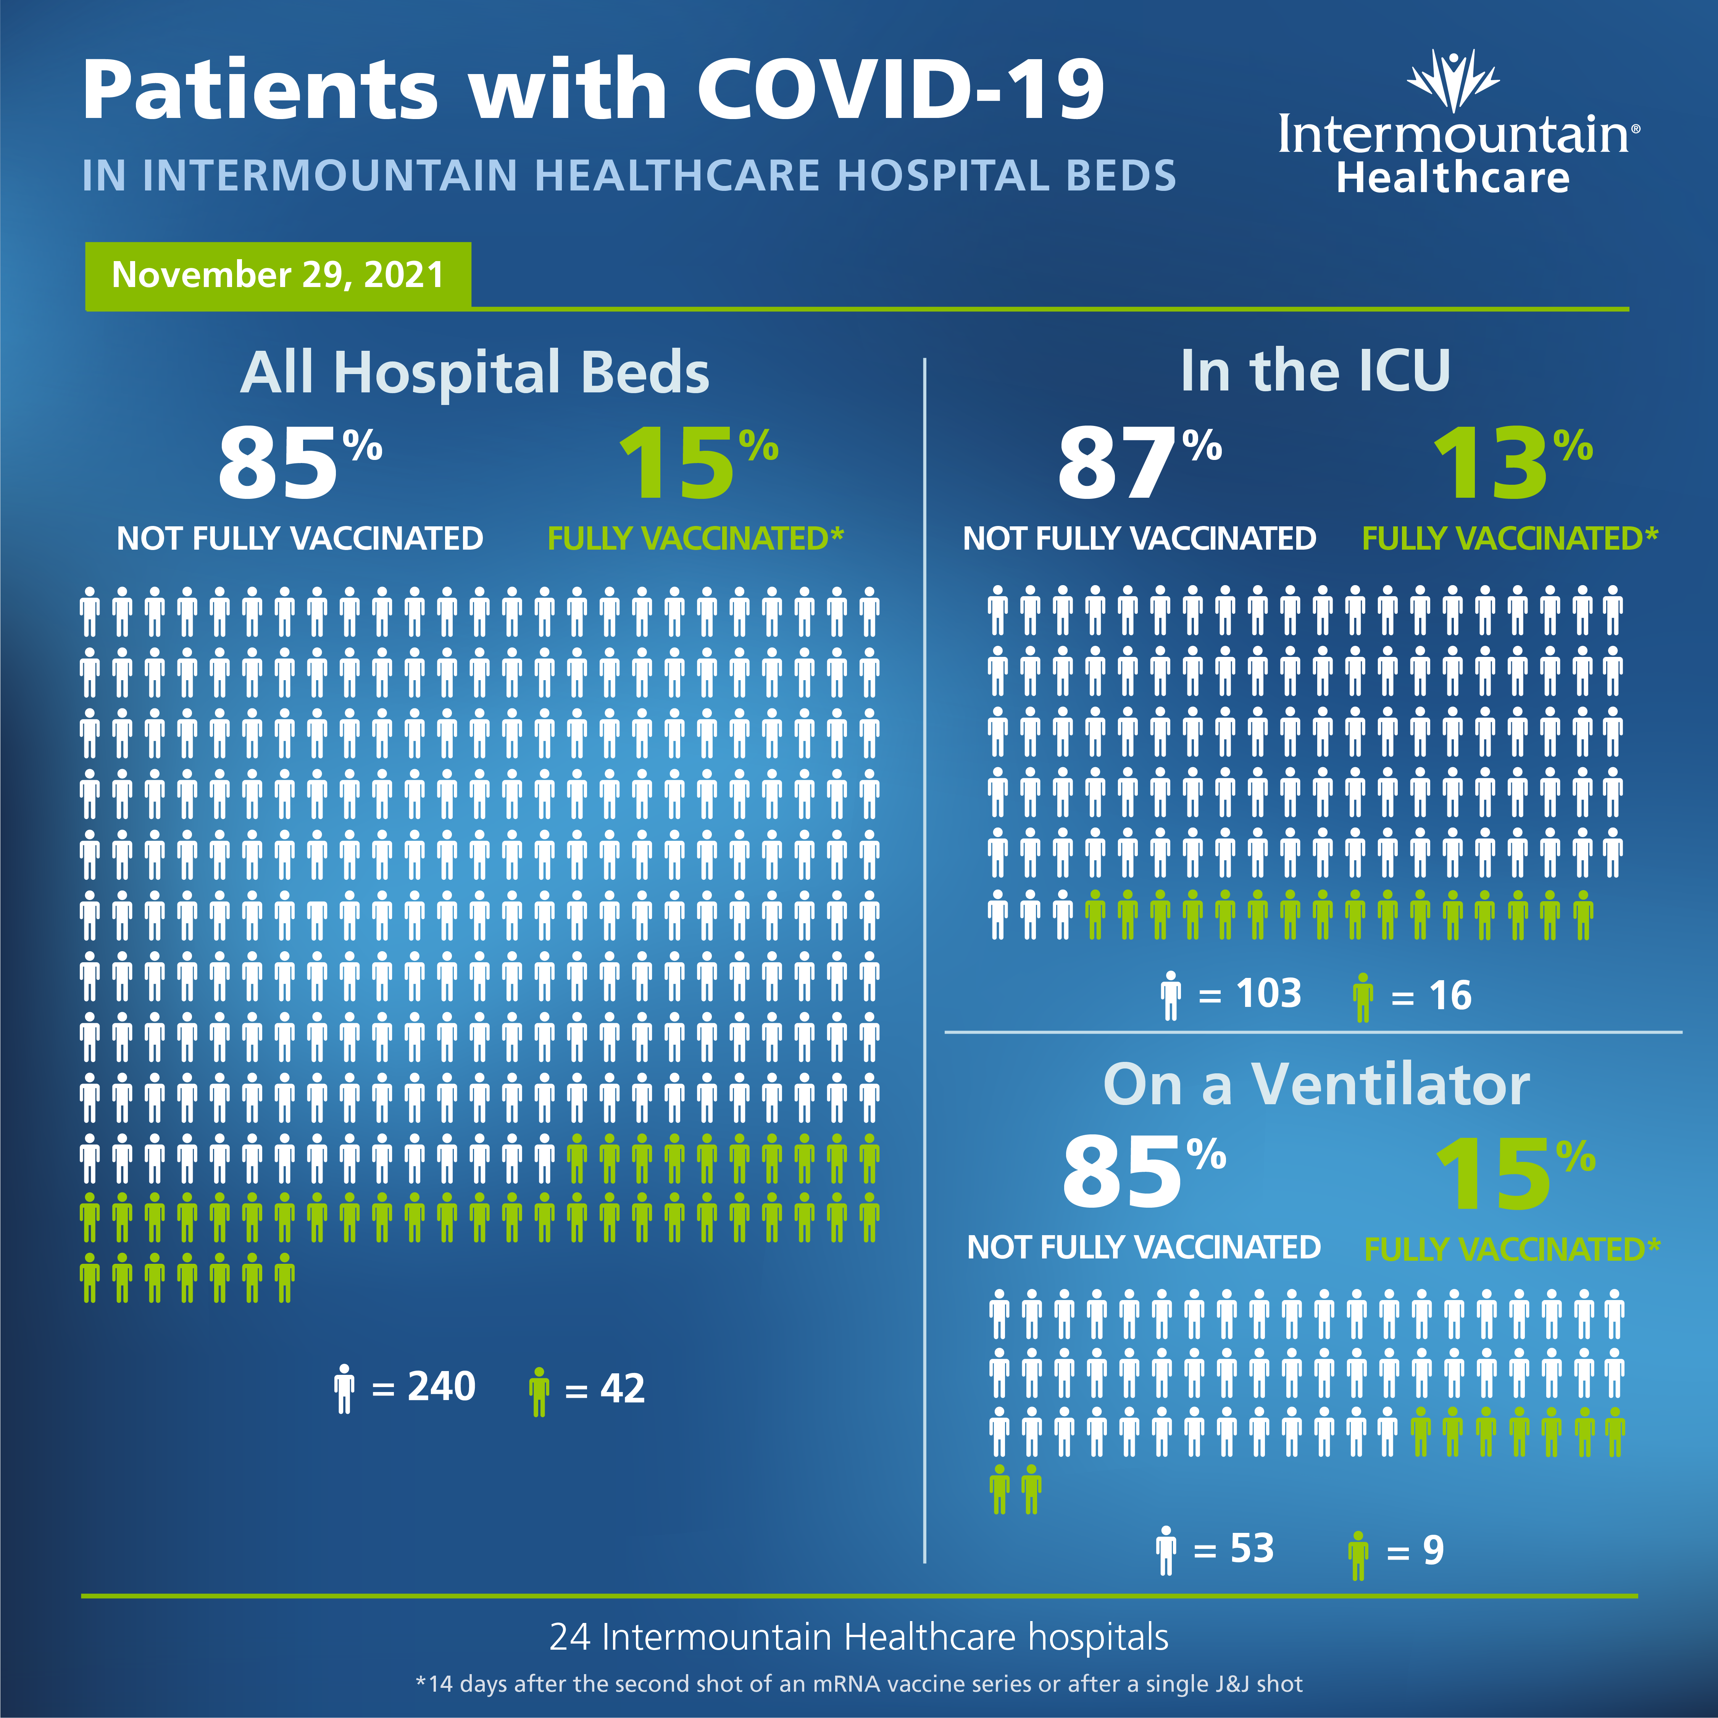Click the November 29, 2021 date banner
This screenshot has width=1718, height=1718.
277,275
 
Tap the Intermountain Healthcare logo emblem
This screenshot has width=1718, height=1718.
1453,82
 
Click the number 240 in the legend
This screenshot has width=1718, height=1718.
441,1386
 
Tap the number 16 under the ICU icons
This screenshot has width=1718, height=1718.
1449,995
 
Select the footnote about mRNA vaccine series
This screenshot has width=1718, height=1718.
859,1683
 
